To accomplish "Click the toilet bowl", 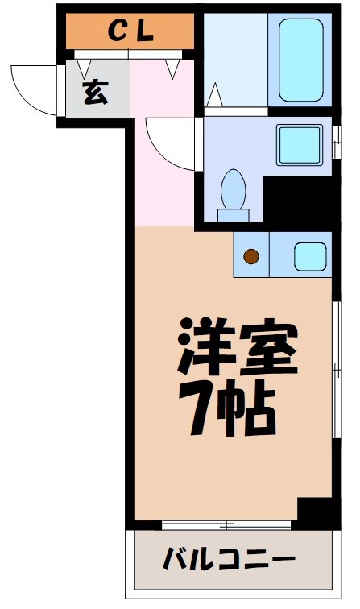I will (234, 191).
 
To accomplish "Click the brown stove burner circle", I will (251, 257).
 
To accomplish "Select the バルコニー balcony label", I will (230, 558).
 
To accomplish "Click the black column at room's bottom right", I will (315, 512).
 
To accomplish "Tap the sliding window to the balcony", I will (226, 525).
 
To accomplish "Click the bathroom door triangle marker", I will (214, 96).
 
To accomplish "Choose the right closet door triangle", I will (172, 68).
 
